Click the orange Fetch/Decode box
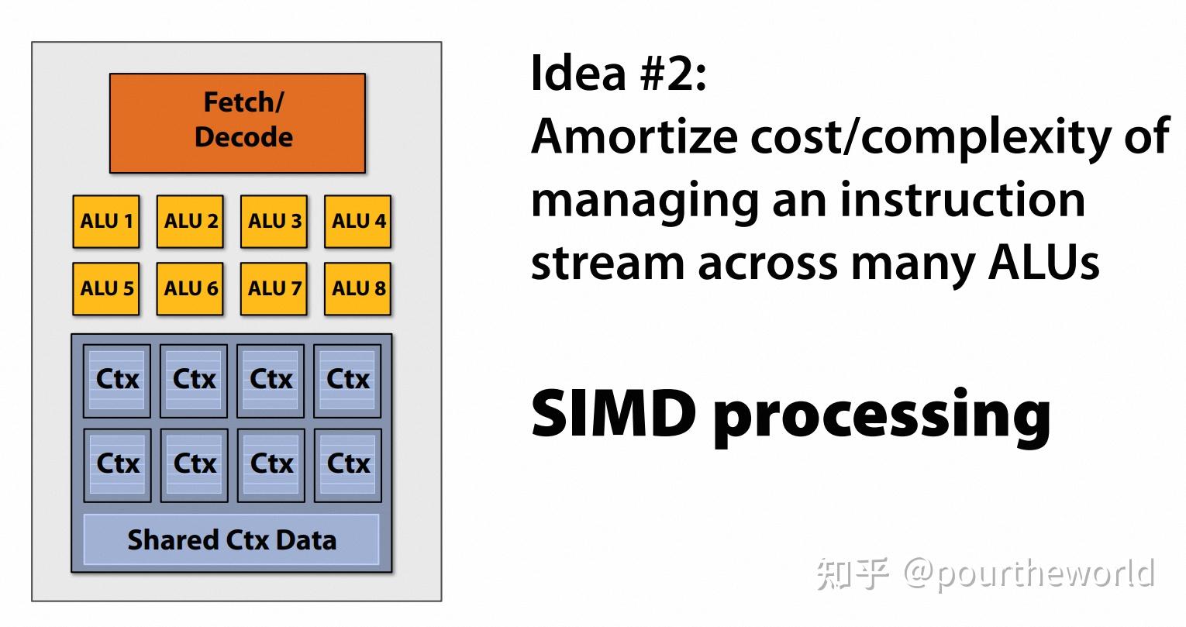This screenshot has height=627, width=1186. point(237,122)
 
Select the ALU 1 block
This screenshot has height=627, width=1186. point(106,222)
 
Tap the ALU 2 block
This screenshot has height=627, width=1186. point(190,222)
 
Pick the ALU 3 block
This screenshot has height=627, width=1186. point(274,222)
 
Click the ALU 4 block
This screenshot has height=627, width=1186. point(357,222)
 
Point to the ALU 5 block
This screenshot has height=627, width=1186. point(106,289)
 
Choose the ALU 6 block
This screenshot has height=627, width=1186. point(190,289)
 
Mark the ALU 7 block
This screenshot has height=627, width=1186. point(274,289)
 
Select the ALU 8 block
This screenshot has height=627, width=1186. point(357,289)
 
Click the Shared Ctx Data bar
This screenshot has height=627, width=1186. point(231,539)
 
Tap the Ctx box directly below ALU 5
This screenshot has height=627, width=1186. point(117,380)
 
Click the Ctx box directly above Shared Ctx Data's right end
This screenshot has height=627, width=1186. point(348,463)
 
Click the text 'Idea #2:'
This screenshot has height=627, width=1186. point(618,74)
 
